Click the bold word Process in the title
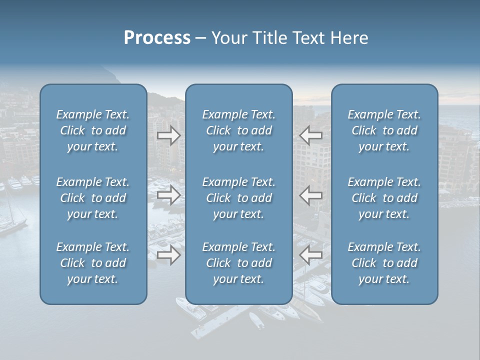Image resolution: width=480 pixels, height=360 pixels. [x=157, y=38]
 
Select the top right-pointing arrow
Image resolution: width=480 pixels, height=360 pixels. [x=169, y=135]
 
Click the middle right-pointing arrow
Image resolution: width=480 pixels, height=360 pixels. [x=169, y=195]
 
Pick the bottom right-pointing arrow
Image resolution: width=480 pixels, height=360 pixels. [x=169, y=255]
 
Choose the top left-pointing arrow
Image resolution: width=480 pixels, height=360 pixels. [x=311, y=135]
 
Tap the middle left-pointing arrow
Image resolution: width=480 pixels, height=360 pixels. [x=311, y=195]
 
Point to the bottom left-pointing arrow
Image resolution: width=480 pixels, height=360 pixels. [x=311, y=255]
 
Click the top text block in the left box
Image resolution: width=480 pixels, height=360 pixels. [x=93, y=130]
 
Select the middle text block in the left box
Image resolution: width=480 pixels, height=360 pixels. [x=93, y=198]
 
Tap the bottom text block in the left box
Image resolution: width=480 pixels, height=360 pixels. [x=93, y=263]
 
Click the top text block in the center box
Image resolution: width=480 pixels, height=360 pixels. [x=239, y=130]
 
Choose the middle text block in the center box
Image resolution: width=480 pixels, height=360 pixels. [x=239, y=198]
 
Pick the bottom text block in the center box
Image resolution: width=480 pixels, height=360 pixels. [x=239, y=263]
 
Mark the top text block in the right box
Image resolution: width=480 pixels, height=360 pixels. [x=384, y=130]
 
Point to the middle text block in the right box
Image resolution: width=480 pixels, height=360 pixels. [x=384, y=198]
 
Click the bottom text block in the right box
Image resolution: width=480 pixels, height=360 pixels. [x=384, y=263]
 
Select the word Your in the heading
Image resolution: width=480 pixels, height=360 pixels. [x=228, y=38]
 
